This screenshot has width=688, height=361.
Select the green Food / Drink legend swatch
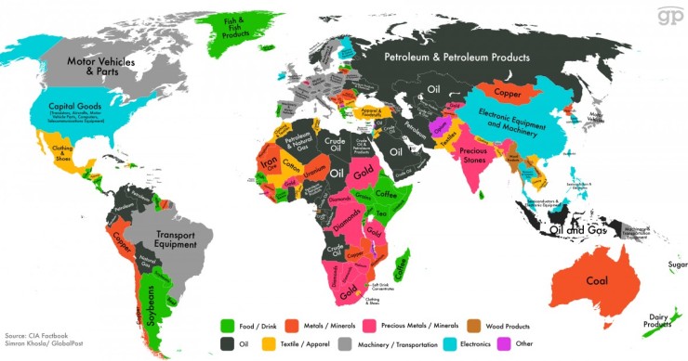pos(226,326)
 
